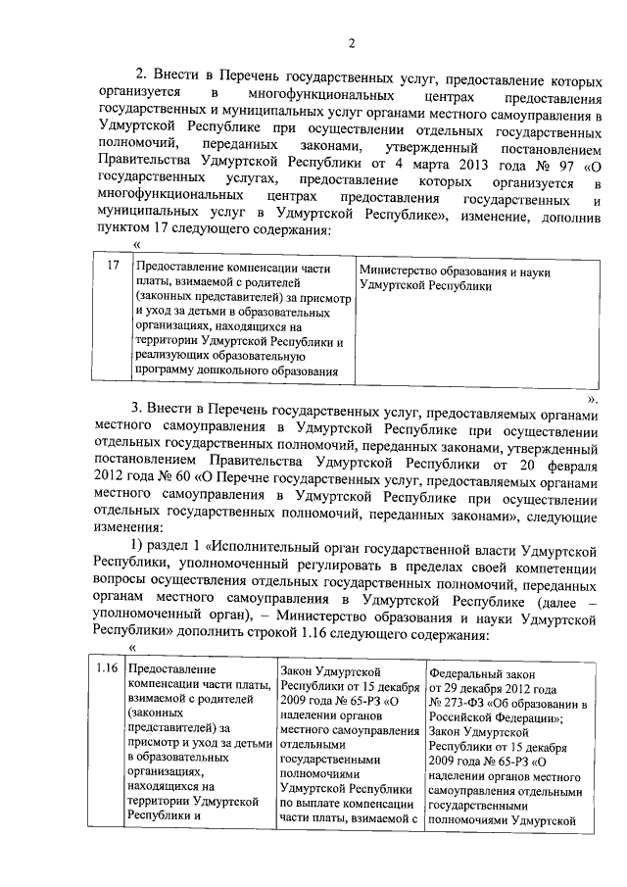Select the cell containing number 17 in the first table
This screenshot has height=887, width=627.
click(113, 267)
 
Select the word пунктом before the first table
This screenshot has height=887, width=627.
click(125, 230)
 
